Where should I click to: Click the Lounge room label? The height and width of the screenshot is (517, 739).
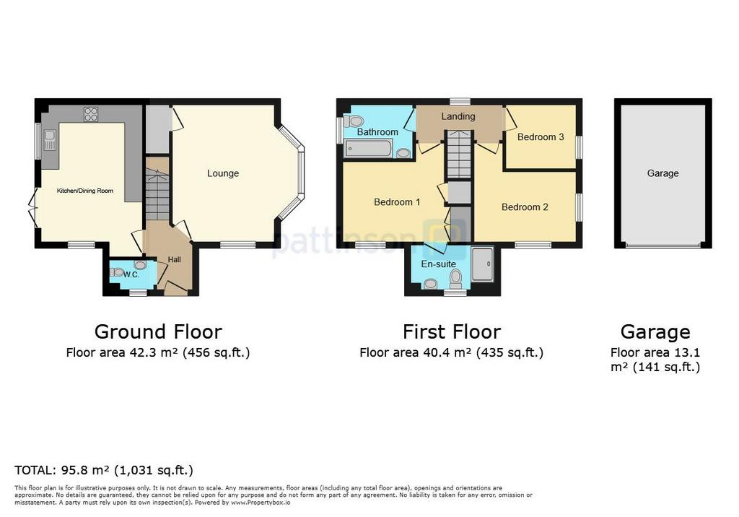coord(223,173)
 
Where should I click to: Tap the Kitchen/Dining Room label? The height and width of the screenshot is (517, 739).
coord(85,191)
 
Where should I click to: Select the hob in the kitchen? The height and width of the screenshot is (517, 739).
coord(91,114)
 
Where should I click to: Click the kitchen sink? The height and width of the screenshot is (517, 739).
coord(49,139)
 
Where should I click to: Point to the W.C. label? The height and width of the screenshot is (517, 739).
coord(131,274)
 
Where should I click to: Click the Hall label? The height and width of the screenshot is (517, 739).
coord(175,259)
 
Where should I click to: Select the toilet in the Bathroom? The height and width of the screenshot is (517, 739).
coord(352,121)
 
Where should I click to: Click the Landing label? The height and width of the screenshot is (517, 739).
coord(458,116)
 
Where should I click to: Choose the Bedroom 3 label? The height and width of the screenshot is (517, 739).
coord(541,137)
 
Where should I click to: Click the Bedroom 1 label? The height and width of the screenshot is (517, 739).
coord(397,202)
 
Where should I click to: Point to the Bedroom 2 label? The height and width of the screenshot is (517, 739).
coord(525,207)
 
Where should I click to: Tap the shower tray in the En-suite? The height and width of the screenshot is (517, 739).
coord(482,264)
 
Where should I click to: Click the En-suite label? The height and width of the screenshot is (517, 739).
coord(438,264)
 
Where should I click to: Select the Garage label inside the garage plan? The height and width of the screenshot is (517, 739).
coord(663,173)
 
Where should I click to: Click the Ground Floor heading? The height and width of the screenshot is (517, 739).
coord(158,331)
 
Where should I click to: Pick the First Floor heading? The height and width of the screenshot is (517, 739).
coord(452,331)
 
